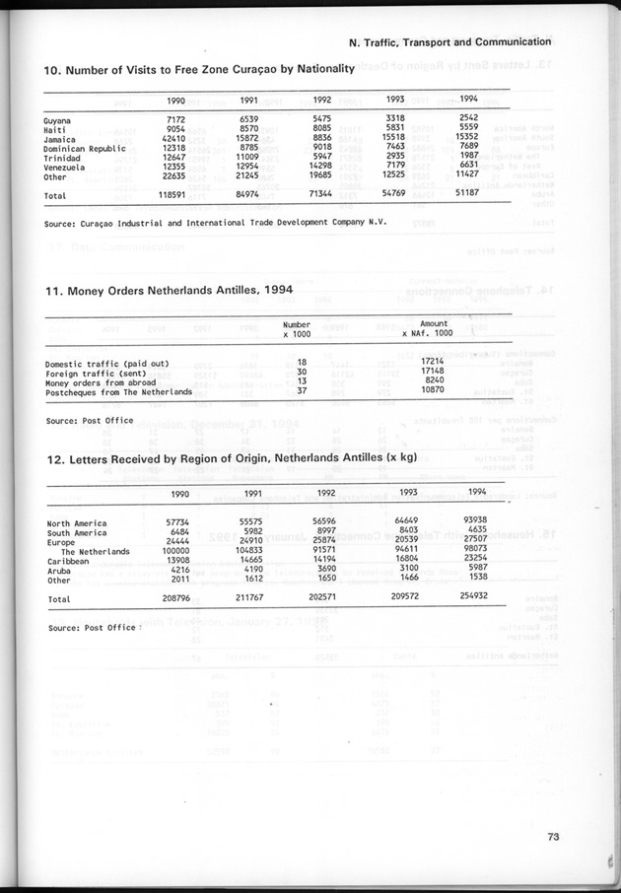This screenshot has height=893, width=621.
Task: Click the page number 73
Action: coord(553,837)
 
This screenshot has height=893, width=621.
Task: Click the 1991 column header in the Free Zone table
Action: coord(249,101)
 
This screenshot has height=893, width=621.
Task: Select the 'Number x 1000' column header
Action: coord(297,329)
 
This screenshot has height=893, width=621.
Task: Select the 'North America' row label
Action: coord(78,523)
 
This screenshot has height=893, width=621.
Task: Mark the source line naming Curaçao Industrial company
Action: coord(215,224)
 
